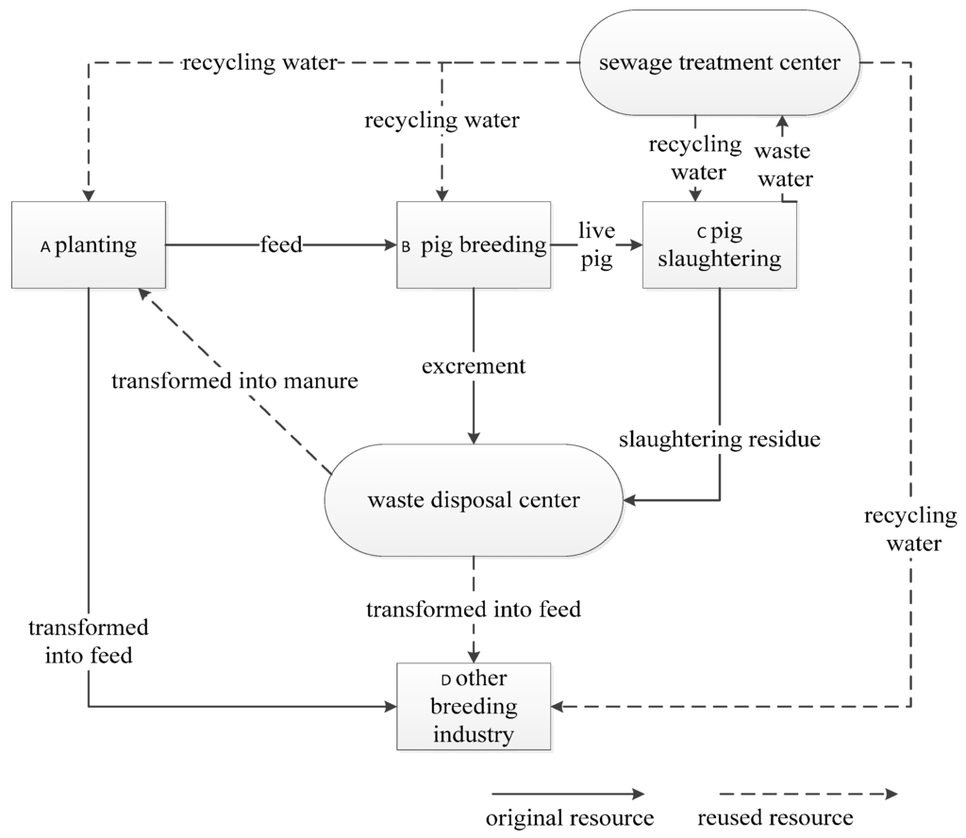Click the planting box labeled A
(89, 245)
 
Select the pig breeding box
(474, 245)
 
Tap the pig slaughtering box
(720, 245)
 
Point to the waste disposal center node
(474, 500)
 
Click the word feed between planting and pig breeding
(281, 245)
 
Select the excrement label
(474, 365)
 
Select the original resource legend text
(569, 816)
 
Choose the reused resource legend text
(775, 816)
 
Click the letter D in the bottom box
(446, 680)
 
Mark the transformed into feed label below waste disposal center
(474, 610)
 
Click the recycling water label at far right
(910, 529)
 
